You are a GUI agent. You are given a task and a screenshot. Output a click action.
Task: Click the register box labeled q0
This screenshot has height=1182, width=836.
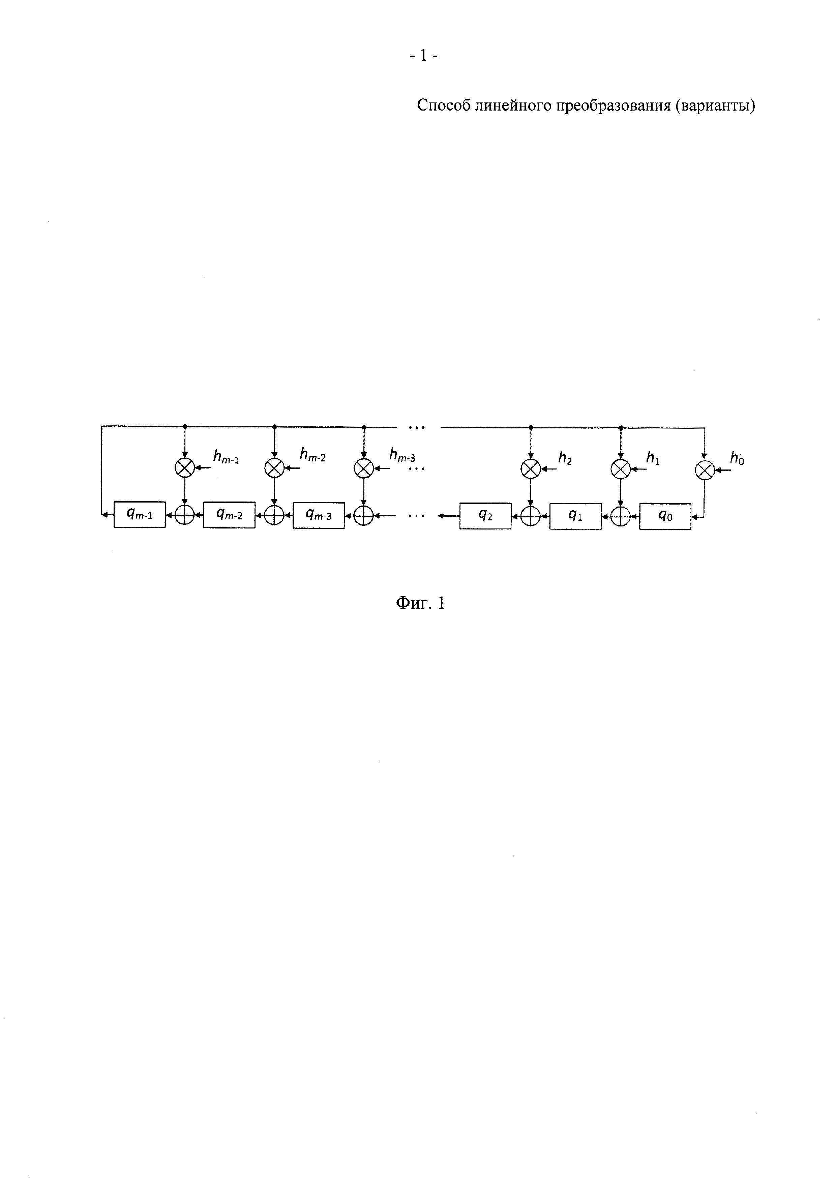pyautogui.click(x=665, y=516)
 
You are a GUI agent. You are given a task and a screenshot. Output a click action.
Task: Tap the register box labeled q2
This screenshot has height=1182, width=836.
pyautogui.click(x=485, y=516)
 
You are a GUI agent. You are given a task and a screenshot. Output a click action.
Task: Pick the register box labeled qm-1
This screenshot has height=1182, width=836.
pyautogui.click(x=140, y=514)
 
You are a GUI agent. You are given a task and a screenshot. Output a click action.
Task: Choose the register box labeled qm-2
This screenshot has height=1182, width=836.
pyautogui.click(x=229, y=514)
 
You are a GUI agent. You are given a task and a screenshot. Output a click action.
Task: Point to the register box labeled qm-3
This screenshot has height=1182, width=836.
pyautogui.click(x=319, y=515)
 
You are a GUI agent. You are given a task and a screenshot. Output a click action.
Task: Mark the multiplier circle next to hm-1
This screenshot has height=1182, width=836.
pyautogui.click(x=185, y=467)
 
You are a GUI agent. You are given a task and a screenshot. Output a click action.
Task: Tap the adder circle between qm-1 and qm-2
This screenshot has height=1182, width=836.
pyautogui.click(x=185, y=515)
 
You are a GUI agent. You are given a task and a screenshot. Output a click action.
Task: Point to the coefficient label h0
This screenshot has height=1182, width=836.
pyautogui.click(x=737, y=459)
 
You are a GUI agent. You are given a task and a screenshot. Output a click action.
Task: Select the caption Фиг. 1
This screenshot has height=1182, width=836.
pyautogui.click(x=420, y=603)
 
